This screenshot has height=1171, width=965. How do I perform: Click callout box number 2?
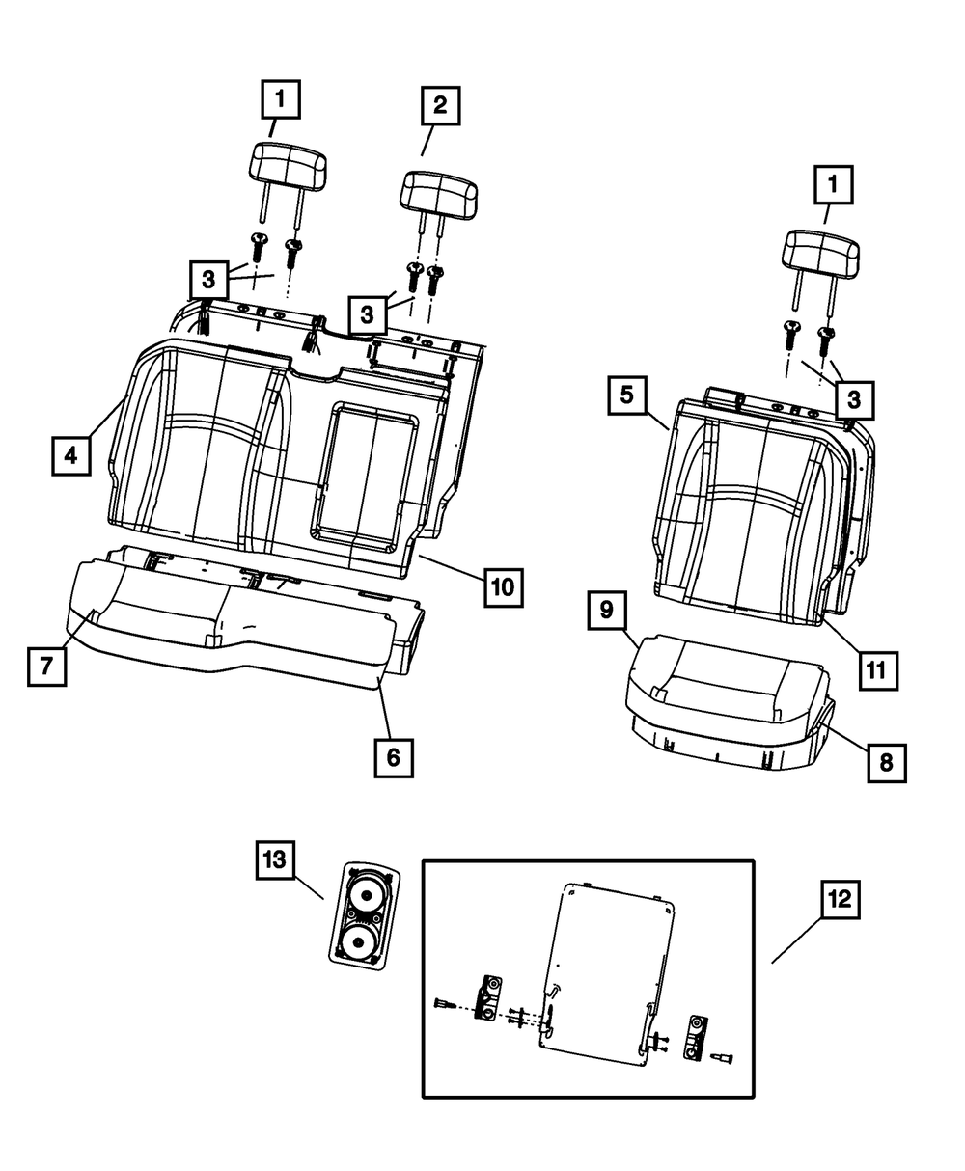tap(440, 107)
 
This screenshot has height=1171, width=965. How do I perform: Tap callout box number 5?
tap(627, 395)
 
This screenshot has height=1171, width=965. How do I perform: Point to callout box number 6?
tap(393, 757)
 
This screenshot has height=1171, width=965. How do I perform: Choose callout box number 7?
tap(46, 666)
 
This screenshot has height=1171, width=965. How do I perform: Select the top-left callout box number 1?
tap(280, 98)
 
